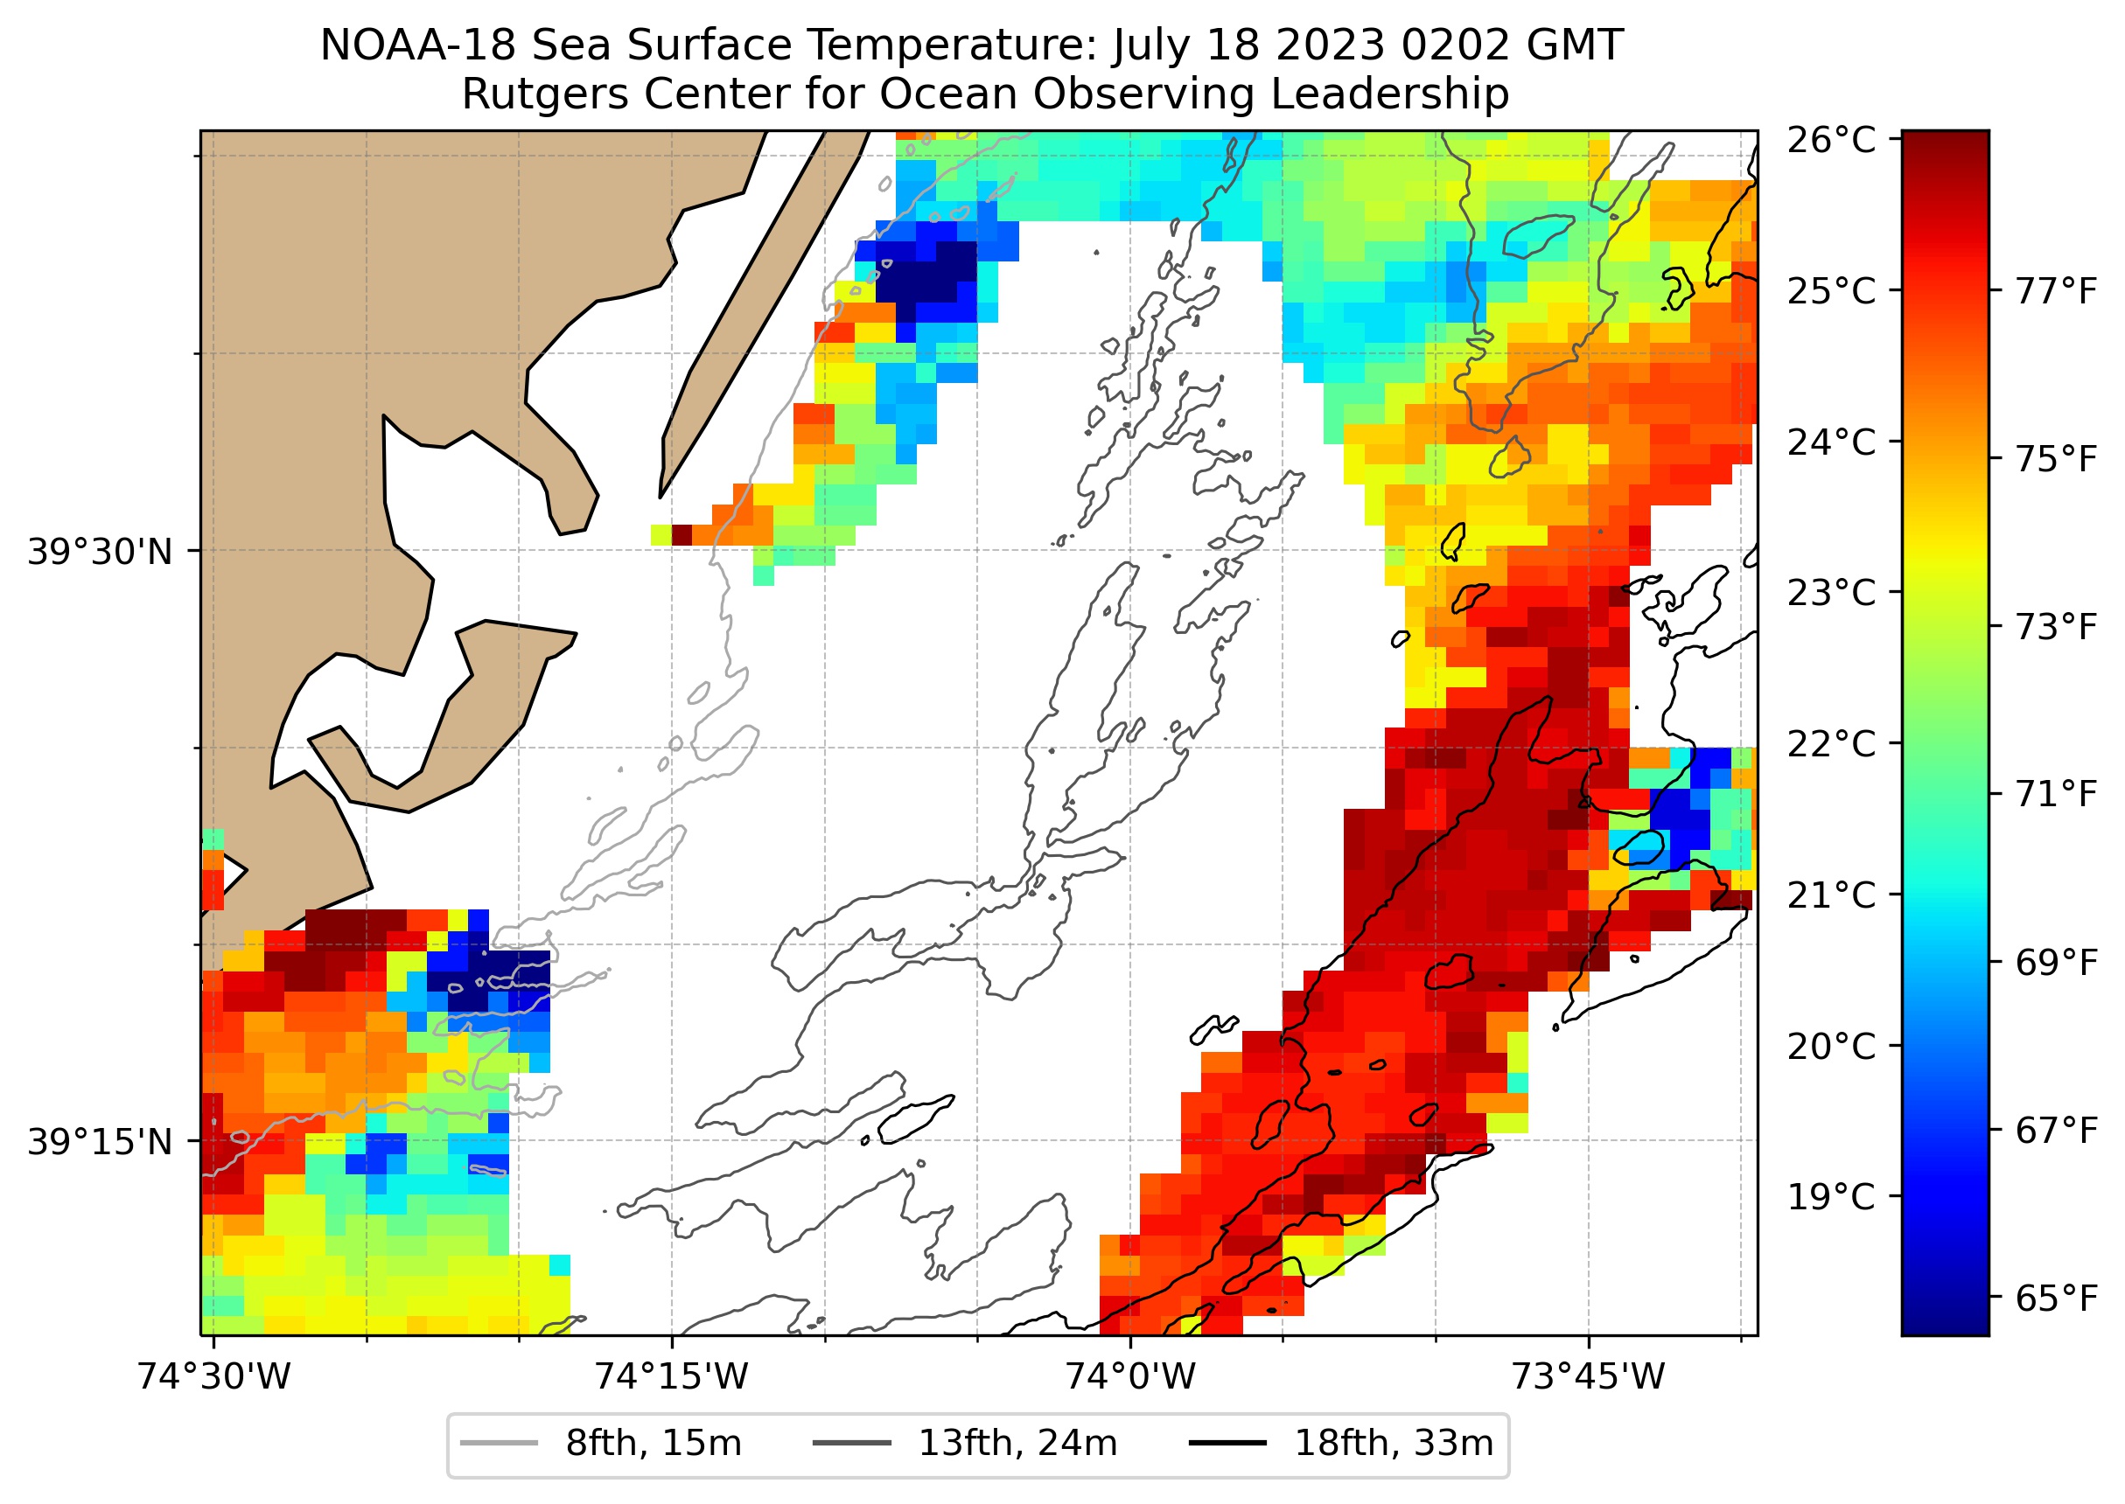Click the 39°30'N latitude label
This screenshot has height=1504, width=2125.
pos(100,552)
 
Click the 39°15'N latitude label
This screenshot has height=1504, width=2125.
pos(100,1143)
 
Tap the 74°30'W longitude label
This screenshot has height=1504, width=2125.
pos(214,1377)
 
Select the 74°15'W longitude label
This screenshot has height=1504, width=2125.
pos(671,1377)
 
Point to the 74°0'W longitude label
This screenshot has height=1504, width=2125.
pos(1129,1377)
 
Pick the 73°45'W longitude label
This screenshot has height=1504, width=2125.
pos(1588,1377)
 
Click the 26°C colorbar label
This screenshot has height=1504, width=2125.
pos(1830,141)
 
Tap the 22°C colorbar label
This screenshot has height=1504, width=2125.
pos(1830,743)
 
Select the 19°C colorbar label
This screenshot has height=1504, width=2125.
pos(1830,1197)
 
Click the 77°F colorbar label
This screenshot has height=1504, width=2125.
pos(2056,292)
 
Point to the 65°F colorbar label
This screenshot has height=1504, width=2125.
pos(2056,1299)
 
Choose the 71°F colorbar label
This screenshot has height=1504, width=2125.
pos(2056,795)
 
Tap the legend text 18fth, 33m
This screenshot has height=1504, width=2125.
pos(1394,1444)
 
